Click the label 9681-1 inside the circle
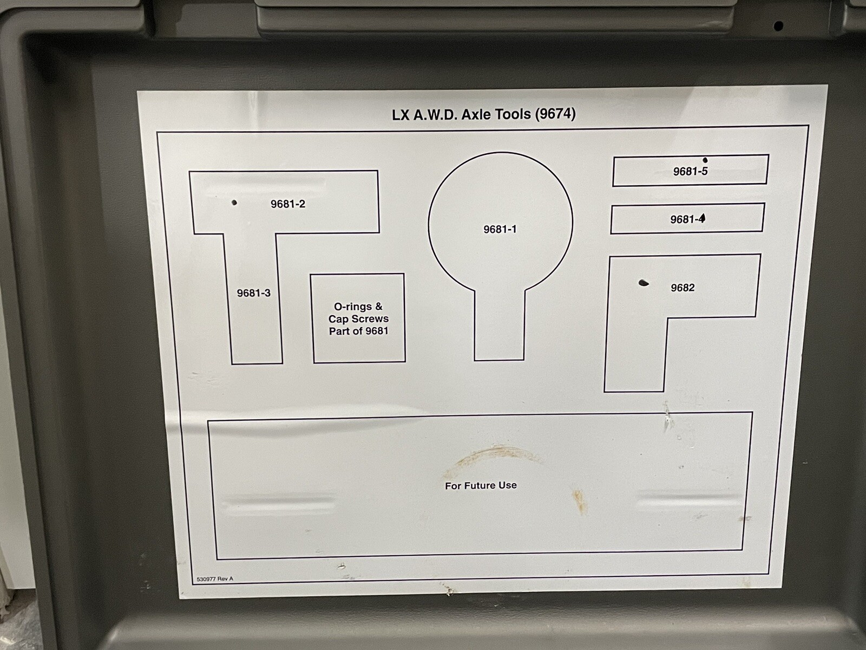500,229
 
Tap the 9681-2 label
287,204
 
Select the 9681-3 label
254,293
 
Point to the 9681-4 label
688,219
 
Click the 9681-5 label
691,171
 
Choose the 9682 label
683,288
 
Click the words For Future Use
481,485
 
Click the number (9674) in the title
555,114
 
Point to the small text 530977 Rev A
215,579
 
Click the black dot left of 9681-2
234,203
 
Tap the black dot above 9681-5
705,160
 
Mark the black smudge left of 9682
644,283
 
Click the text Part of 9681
359,331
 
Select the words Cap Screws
359,319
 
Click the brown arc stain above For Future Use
493,458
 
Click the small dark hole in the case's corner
778,26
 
